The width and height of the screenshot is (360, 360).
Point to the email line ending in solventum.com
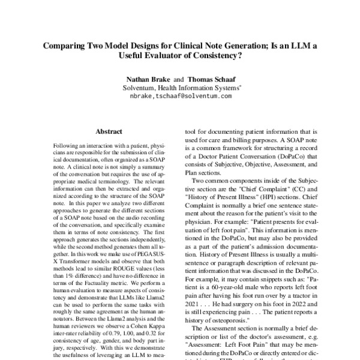tap(180, 95)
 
